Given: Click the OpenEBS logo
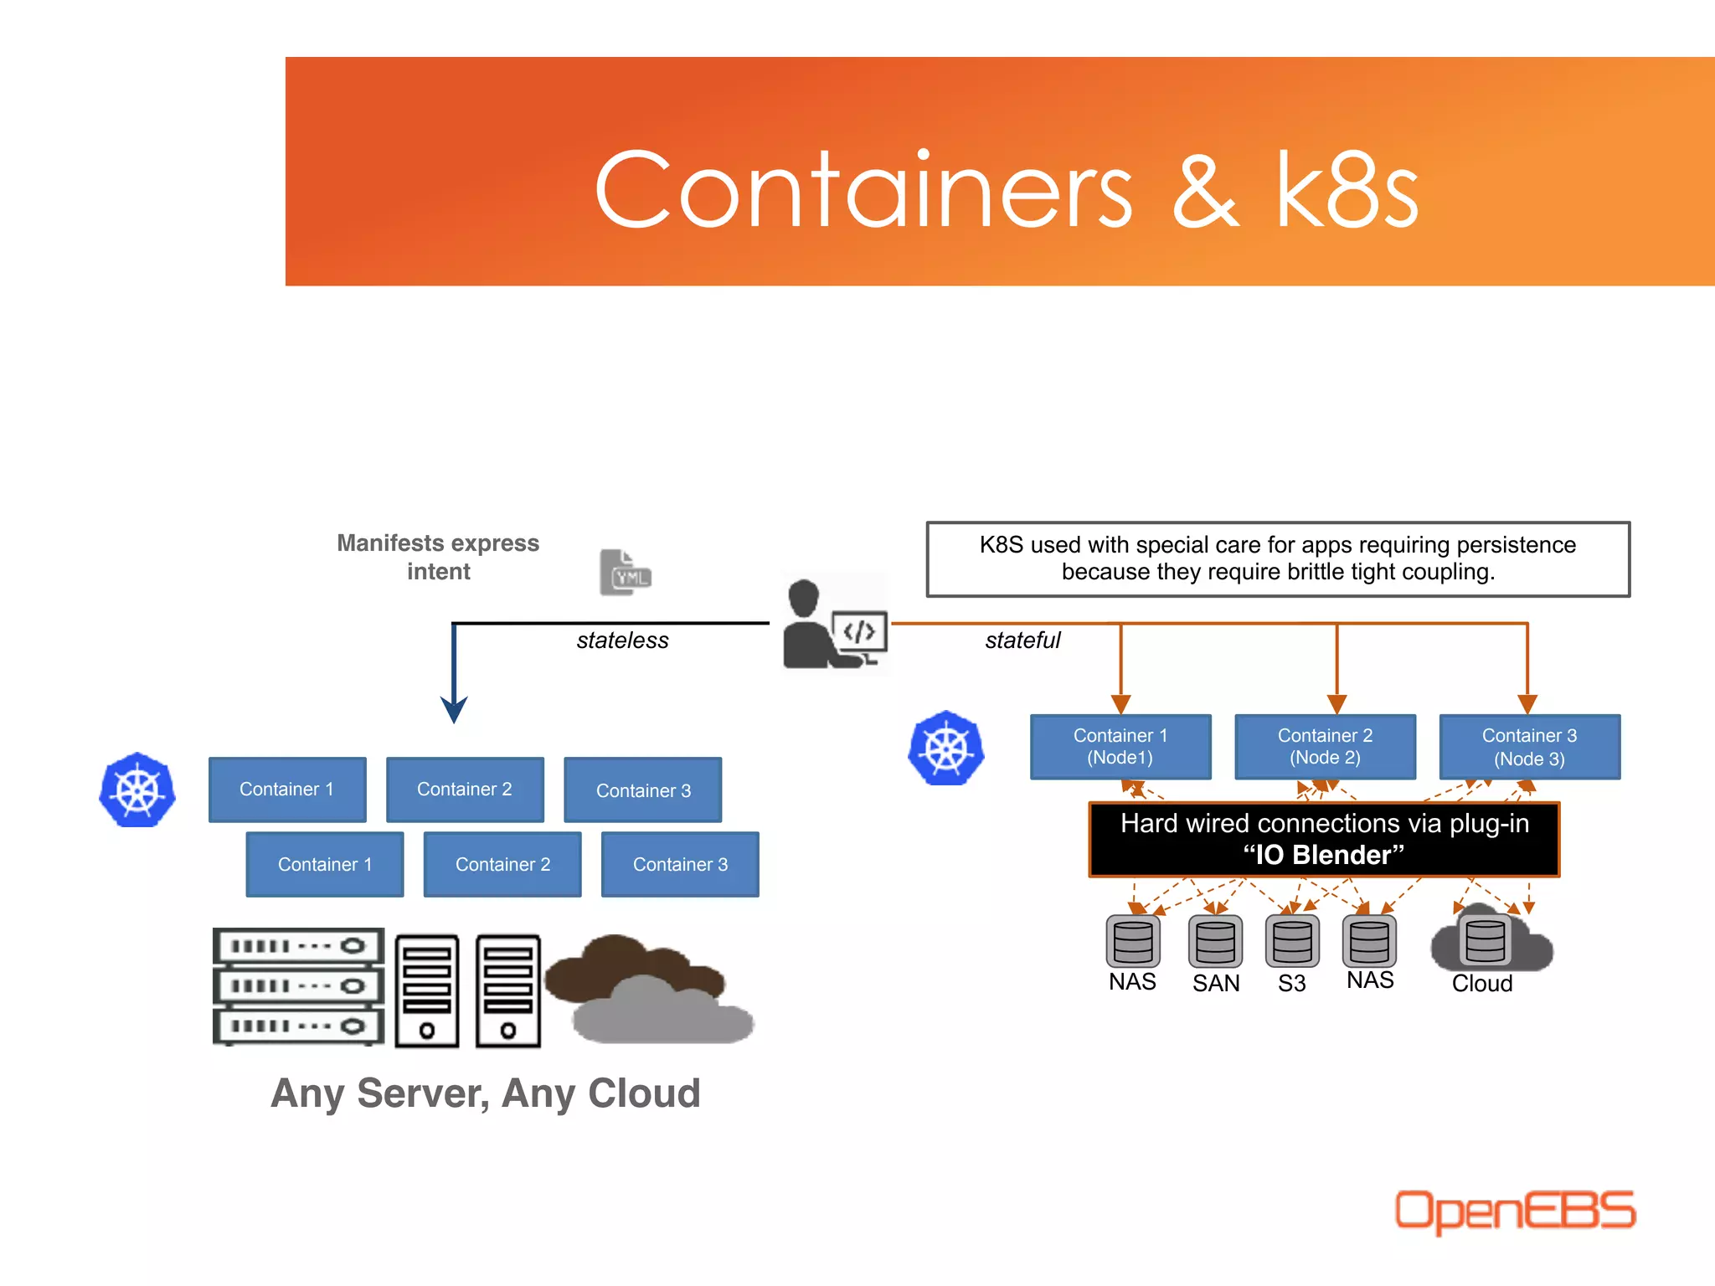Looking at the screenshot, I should (1514, 1211).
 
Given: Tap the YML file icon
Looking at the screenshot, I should (625, 573).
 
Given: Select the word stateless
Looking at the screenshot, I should (622, 640).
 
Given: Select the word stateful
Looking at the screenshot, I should (1022, 640).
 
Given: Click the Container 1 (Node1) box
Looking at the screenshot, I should (1120, 747).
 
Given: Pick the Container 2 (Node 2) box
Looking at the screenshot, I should (1325, 747).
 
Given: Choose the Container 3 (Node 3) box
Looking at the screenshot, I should (1529, 747).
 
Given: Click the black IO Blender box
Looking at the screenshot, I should (1324, 840).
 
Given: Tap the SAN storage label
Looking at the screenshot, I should (1216, 983).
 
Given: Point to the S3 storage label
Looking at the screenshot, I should (1291, 983).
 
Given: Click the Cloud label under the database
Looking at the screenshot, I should (1481, 983).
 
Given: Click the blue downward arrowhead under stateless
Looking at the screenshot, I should (454, 710).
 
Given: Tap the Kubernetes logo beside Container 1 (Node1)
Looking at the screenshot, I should (946, 748).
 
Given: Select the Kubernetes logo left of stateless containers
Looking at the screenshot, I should (137, 790).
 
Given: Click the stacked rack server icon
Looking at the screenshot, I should (298, 986).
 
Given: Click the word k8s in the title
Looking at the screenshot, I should (1346, 191).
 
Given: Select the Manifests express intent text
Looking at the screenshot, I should (438, 557).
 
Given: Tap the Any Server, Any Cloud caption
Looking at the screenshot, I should (486, 1093).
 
